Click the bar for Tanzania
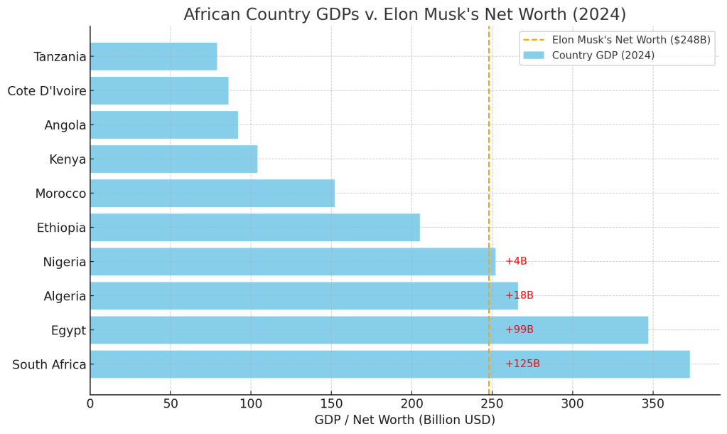(x=154, y=57)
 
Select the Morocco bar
(x=212, y=194)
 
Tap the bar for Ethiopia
(x=254, y=228)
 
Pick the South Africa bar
(x=389, y=364)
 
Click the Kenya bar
(x=173, y=159)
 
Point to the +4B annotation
(x=516, y=261)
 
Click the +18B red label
(x=519, y=295)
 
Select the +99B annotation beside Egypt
(x=519, y=329)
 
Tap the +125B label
(x=522, y=364)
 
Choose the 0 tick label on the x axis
(x=90, y=404)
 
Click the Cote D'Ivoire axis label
(x=47, y=91)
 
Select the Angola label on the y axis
(x=65, y=125)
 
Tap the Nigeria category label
(x=65, y=262)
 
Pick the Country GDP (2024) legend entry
(x=603, y=55)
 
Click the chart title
(x=405, y=14)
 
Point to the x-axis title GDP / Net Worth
(x=405, y=420)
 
